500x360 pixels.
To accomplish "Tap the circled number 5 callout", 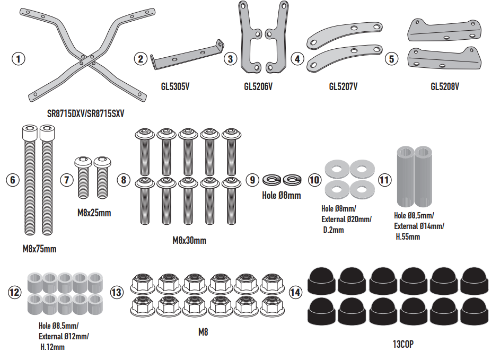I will coord(392,59).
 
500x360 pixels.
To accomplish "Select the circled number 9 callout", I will coord(253,180).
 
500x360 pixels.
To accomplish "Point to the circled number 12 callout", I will coord(15,291).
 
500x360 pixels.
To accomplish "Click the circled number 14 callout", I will coord(295,291).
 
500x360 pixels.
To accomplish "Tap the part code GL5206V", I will coord(258,86).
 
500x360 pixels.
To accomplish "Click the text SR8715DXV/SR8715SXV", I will coord(88,113).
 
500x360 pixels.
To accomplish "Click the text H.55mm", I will coord(408,237).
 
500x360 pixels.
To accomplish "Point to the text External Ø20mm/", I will coord(347,219).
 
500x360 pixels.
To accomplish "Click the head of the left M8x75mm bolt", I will coord(29,131).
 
